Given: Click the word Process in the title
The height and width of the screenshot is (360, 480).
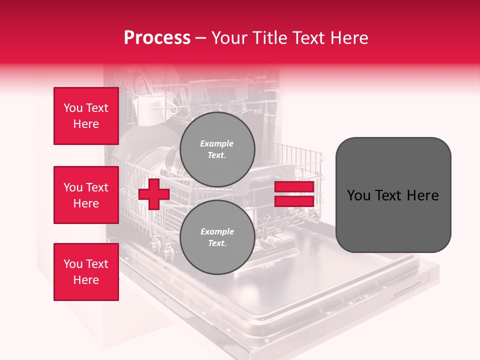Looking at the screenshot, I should point(157,38).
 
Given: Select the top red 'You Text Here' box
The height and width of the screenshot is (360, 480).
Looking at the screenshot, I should point(86,116).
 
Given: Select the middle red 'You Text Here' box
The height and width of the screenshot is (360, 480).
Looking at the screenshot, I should point(86,195).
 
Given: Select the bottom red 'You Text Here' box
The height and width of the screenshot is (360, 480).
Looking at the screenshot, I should point(86,272).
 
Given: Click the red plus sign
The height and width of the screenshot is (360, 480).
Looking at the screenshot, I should point(153,194).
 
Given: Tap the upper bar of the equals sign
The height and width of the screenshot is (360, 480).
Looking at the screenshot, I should point(294,187).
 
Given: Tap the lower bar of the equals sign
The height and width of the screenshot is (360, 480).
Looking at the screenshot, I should point(294,201).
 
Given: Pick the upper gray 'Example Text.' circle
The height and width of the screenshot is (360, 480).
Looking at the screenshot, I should point(217,149).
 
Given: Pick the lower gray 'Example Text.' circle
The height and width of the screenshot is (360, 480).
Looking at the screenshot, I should point(217,237).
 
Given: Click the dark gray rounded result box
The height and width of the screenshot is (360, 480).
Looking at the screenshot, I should point(393,195).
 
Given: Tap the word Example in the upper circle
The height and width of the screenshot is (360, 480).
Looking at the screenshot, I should point(217,143).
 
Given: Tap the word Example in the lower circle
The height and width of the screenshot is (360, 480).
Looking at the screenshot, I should point(217,231).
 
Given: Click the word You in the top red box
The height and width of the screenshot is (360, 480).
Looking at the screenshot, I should point(72,108).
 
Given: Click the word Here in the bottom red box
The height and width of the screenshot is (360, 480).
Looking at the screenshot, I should point(86,280).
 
